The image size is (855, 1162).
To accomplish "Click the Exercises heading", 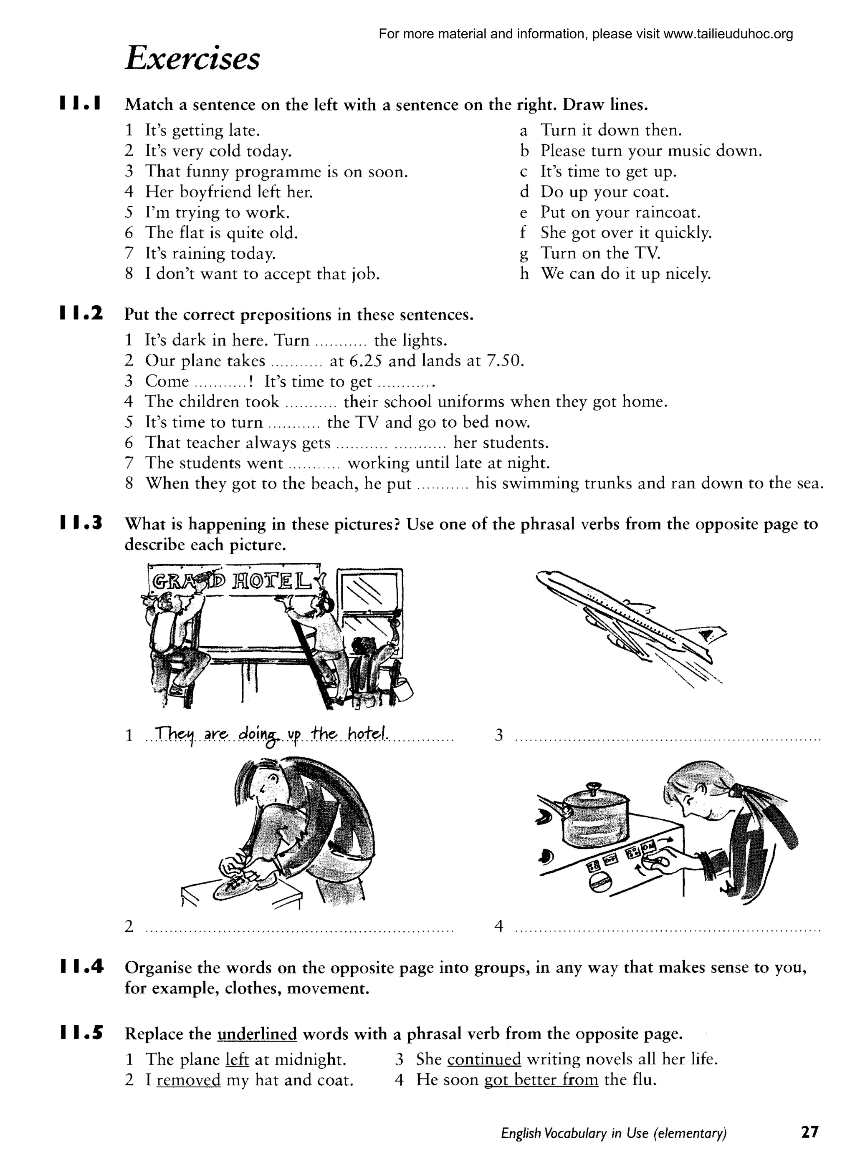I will (x=192, y=58).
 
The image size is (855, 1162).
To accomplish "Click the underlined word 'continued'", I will (x=484, y=1059).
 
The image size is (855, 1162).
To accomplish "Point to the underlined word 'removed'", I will (x=188, y=1080).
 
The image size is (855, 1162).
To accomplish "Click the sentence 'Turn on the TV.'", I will (x=600, y=253).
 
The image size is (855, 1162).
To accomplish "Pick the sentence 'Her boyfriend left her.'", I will (x=229, y=192).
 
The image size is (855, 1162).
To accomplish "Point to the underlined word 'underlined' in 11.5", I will (x=257, y=1034).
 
